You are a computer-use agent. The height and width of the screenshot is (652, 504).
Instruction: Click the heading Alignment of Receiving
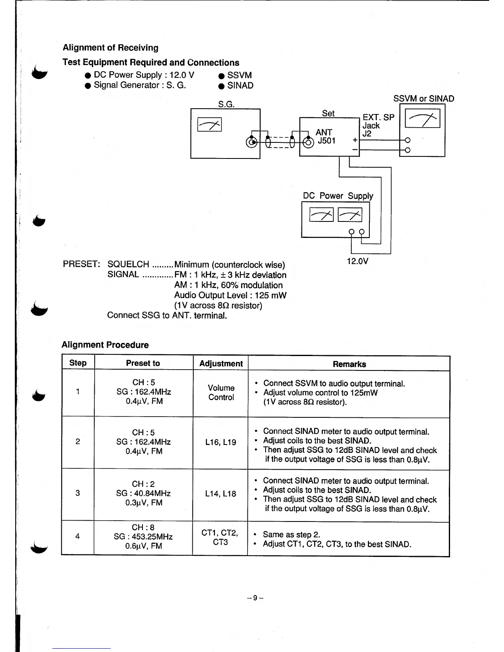[x=110, y=48]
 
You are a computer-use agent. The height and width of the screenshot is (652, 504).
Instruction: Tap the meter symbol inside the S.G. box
[x=210, y=124]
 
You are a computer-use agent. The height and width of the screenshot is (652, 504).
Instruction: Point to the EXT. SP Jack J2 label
[x=378, y=125]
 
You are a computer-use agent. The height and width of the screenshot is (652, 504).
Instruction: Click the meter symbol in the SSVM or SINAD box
[x=423, y=120]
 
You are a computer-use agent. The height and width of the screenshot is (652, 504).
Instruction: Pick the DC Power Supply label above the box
[x=338, y=196]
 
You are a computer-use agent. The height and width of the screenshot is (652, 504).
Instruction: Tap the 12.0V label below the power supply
[x=357, y=261]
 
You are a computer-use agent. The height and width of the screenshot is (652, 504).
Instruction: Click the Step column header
[x=78, y=363]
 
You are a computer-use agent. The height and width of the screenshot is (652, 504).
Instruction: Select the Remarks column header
[x=349, y=364]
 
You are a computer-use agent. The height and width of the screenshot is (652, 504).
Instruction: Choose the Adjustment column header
[x=221, y=363]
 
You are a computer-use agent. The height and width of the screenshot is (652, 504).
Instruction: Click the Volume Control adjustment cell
[x=221, y=393]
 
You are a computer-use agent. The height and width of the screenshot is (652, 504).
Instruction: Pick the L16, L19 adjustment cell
[x=221, y=442]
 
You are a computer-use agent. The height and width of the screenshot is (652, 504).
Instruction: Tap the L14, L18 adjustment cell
[x=221, y=494]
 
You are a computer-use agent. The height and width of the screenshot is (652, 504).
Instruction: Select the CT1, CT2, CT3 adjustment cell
[x=220, y=538]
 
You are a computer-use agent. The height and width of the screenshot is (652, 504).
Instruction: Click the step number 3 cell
[x=78, y=493]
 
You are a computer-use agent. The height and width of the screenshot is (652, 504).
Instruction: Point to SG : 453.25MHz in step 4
[x=143, y=537]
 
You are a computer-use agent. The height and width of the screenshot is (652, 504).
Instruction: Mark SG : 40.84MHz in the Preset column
[x=143, y=493]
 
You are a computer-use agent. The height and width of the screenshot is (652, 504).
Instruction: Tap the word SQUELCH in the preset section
[x=128, y=264]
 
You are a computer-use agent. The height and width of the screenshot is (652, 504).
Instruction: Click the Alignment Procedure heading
[x=105, y=345]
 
